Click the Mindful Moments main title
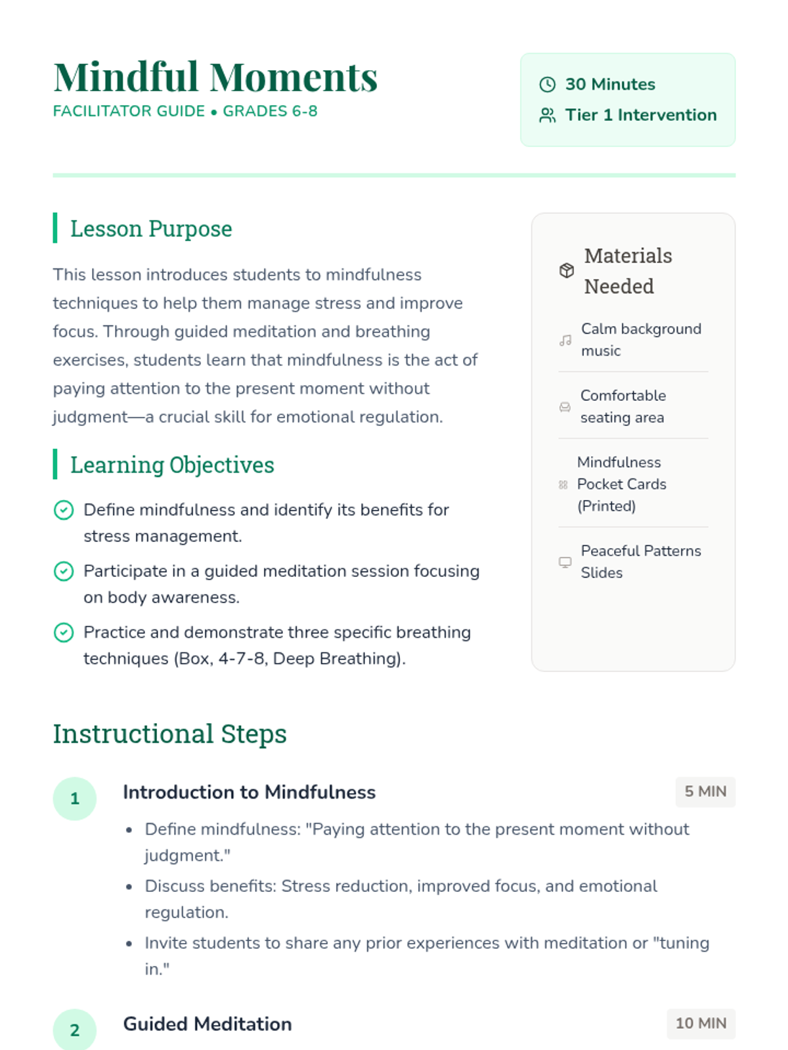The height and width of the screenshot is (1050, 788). click(x=215, y=77)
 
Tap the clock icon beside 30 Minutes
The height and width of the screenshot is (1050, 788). click(x=547, y=85)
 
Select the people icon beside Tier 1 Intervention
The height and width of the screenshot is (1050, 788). click(x=547, y=115)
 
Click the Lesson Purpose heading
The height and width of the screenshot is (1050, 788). click(x=151, y=228)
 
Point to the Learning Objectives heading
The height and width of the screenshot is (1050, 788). click(x=172, y=465)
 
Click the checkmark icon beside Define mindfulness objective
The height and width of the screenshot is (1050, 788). click(x=64, y=510)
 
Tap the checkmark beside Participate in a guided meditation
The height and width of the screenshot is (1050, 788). click(x=64, y=571)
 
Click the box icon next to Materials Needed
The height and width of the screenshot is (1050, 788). click(x=567, y=270)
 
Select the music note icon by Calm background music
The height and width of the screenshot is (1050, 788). click(x=565, y=340)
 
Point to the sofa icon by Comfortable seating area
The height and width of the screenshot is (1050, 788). click(x=565, y=407)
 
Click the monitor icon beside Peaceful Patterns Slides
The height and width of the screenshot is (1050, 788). click(x=565, y=562)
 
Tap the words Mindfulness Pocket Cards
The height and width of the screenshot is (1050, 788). click(x=621, y=473)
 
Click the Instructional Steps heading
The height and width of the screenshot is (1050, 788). click(x=169, y=734)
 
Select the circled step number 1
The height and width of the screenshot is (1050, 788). click(x=75, y=799)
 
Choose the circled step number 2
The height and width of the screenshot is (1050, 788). click(x=75, y=1030)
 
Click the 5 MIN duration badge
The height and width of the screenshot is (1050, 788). click(x=705, y=792)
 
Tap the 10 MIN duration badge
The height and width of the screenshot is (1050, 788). click(x=701, y=1024)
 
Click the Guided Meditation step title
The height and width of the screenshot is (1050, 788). click(x=208, y=1024)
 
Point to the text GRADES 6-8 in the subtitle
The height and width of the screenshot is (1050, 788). click(x=270, y=112)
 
